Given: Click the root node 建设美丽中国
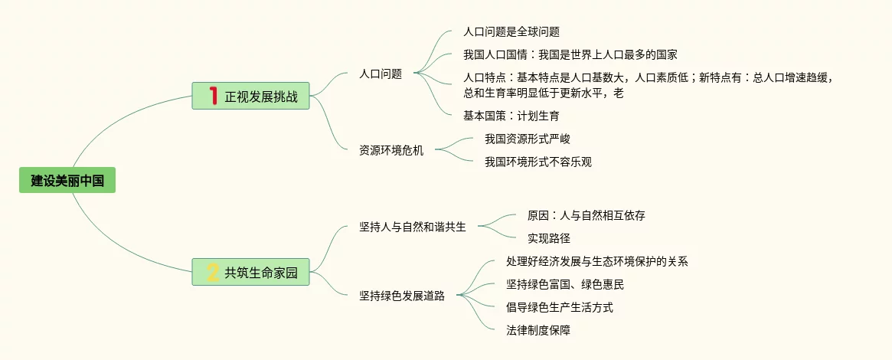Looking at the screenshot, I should (x=67, y=181).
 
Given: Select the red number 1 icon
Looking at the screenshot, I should (x=214, y=96).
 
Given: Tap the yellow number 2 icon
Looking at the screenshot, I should (x=213, y=272).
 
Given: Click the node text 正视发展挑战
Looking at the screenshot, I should (x=260, y=97).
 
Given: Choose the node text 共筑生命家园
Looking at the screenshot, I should (x=260, y=273).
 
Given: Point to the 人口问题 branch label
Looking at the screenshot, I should (x=381, y=74).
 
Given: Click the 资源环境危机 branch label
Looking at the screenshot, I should (x=390, y=150).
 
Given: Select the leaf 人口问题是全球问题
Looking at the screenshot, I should (x=511, y=32).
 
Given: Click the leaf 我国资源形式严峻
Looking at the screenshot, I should (x=528, y=139).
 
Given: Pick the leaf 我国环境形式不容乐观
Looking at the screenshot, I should (x=538, y=162).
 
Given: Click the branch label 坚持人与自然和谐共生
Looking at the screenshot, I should (x=412, y=227).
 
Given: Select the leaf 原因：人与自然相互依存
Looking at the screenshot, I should (x=586, y=215).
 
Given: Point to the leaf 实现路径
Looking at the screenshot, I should (x=549, y=238).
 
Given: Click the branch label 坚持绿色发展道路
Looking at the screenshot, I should (x=401, y=296).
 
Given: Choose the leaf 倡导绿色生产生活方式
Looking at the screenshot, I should (x=559, y=307).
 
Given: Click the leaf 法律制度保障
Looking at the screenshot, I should (x=538, y=330).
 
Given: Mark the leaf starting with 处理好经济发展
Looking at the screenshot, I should (x=597, y=261).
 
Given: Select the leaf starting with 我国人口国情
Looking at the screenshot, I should (x=570, y=54).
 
